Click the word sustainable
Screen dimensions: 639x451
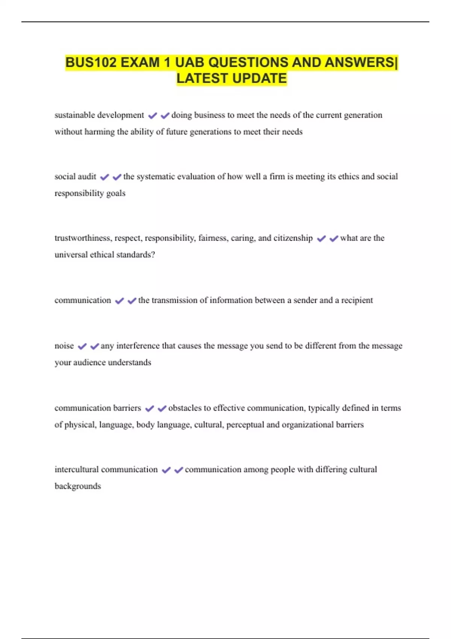(74, 115)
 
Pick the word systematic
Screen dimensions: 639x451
(157, 176)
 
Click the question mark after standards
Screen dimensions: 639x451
(153, 254)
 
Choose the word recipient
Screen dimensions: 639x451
(357, 300)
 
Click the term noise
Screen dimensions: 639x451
(64, 346)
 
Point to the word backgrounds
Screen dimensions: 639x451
(78, 486)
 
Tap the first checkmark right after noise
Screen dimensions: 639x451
(82, 346)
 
